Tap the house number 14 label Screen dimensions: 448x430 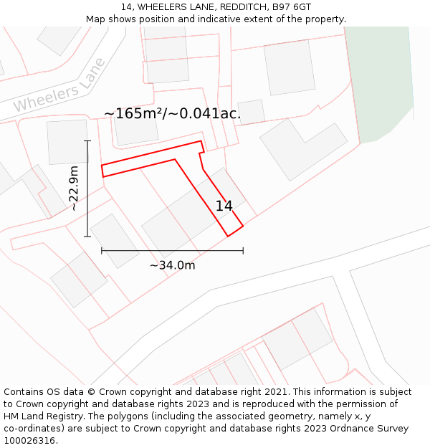point(224,206)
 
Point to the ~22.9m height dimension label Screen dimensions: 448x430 point(74,188)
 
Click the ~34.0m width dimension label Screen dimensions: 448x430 point(172,265)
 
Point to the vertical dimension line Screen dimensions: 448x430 point(87,188)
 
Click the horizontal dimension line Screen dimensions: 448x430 point(172,250)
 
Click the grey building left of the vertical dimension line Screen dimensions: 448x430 point(67,141)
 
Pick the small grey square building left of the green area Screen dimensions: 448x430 point(251,112)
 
